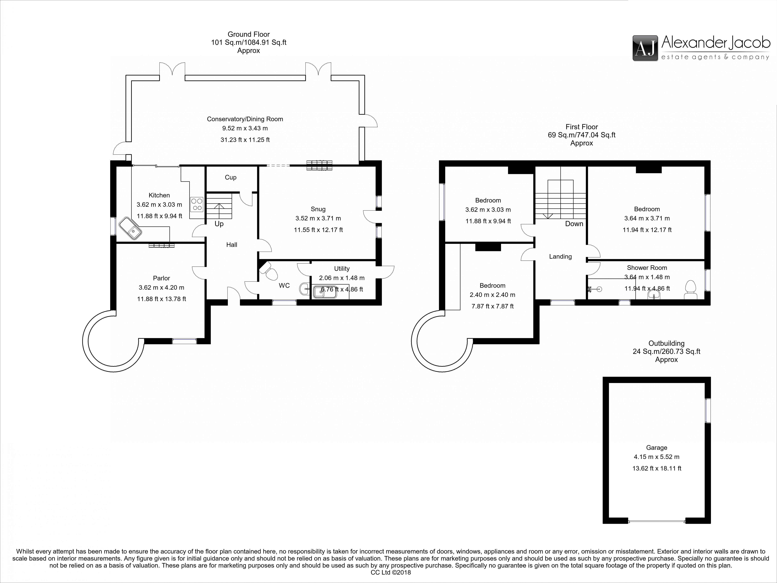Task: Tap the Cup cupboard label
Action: click(x=230, y=177)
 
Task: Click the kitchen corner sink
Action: click(x=130, y=228)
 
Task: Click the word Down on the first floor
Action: click(x=574, y=224)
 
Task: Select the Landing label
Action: click(x=560, y=257)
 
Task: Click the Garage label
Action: click(x=657, y=448)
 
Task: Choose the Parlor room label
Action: click(x=161, y=278)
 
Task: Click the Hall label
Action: click(x=232, y=245)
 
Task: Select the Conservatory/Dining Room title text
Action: click(x=245, y=119)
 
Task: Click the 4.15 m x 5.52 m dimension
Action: click(x=657, y=457)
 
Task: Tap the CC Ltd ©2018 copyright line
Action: click(x=391, y=572)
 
